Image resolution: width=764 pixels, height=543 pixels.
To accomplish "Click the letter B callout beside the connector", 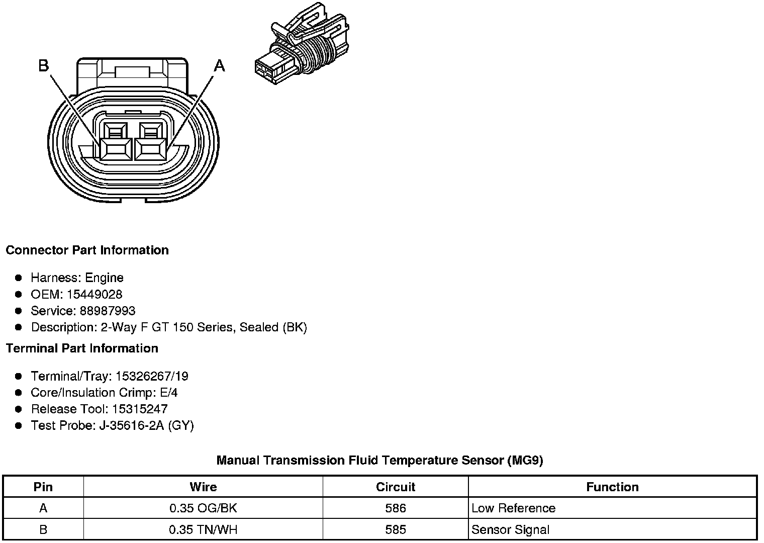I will click(44, 65).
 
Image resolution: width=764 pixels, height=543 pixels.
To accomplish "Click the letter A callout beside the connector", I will click(220, 65).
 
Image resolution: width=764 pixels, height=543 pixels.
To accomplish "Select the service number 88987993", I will click(108, 311).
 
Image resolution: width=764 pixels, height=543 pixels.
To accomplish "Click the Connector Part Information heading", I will click(87, 250).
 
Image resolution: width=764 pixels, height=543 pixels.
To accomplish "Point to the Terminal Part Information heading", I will click(82, 348).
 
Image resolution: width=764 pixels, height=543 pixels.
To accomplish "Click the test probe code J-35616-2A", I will click(133, 425).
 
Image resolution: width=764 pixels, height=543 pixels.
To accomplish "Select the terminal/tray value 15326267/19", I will click(152, 376).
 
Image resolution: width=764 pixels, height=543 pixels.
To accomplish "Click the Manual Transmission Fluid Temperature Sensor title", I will click(379, 460).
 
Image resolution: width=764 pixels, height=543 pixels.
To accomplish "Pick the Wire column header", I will click(203, 487).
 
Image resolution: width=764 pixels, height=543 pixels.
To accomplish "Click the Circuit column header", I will click(396, 487).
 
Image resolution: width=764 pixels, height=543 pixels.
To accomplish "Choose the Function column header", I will click(612, 487).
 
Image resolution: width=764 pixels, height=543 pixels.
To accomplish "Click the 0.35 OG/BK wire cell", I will click(203, 508).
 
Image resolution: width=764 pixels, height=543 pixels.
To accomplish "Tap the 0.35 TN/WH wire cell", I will click(203, 529).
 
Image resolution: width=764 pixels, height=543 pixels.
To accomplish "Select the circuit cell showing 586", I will click(396, 508).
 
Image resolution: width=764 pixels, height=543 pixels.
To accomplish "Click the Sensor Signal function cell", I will click(510, 529).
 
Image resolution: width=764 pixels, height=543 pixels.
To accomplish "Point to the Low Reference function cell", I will click(513, 508).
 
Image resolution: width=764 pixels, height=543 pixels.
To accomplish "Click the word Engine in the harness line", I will click(104, 278).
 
